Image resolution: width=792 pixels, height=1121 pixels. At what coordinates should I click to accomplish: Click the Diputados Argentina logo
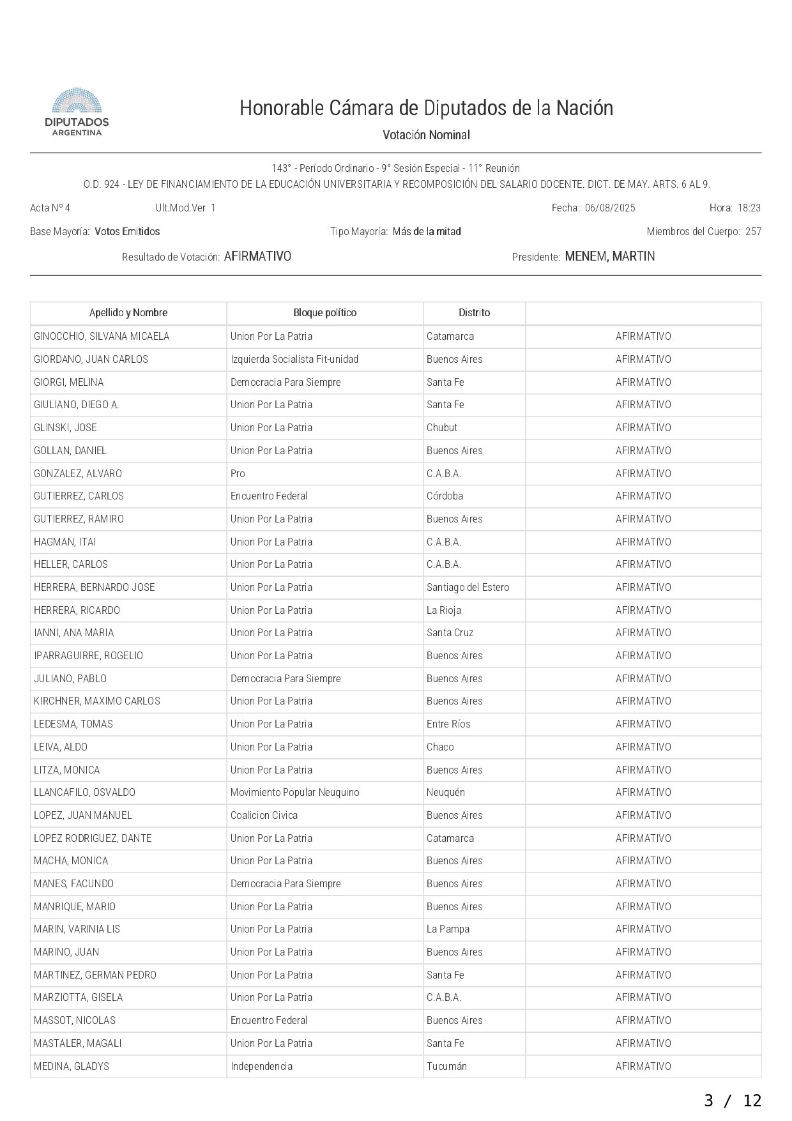coord(77,112)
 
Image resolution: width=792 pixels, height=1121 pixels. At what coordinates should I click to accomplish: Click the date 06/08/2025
coord(610,208)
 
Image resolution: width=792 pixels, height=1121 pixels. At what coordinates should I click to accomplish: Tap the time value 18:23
coord(749,208)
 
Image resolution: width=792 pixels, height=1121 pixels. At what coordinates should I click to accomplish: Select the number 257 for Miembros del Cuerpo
coord(753,231)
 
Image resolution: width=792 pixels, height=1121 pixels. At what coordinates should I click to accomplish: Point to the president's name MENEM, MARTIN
coord(610,256)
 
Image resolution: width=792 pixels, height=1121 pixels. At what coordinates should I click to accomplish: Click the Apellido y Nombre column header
coord(128,312)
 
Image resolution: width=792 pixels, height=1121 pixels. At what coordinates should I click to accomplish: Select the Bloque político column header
coord(324,312)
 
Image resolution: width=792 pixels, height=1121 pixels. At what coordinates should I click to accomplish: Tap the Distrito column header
coord(474,312)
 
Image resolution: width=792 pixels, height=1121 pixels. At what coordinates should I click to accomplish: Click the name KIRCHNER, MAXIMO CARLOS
coord(97,701)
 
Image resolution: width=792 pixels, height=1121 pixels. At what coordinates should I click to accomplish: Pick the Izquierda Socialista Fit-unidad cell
coord(294,359)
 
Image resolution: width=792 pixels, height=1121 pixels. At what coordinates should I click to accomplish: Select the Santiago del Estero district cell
coord(468,587)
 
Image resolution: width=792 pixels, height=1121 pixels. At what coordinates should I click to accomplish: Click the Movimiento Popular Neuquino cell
coord(294,792)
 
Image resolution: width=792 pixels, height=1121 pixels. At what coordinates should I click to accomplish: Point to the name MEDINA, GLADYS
coord(72,1066)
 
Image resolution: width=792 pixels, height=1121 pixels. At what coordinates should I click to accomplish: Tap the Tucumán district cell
coord(446,1066)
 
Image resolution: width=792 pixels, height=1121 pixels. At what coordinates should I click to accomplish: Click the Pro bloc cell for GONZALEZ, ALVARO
coord(238,473)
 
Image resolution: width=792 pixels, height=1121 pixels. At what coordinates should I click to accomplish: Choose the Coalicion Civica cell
coord(264,815)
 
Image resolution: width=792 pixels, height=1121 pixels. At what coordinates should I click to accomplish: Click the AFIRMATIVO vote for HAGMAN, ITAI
coord(643,542)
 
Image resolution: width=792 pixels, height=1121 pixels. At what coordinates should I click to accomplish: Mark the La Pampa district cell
coord(448,929)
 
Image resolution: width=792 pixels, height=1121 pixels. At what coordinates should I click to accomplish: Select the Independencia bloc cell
coord(261,1066)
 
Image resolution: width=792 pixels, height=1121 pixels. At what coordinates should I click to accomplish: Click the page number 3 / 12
coord(733,1101)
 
